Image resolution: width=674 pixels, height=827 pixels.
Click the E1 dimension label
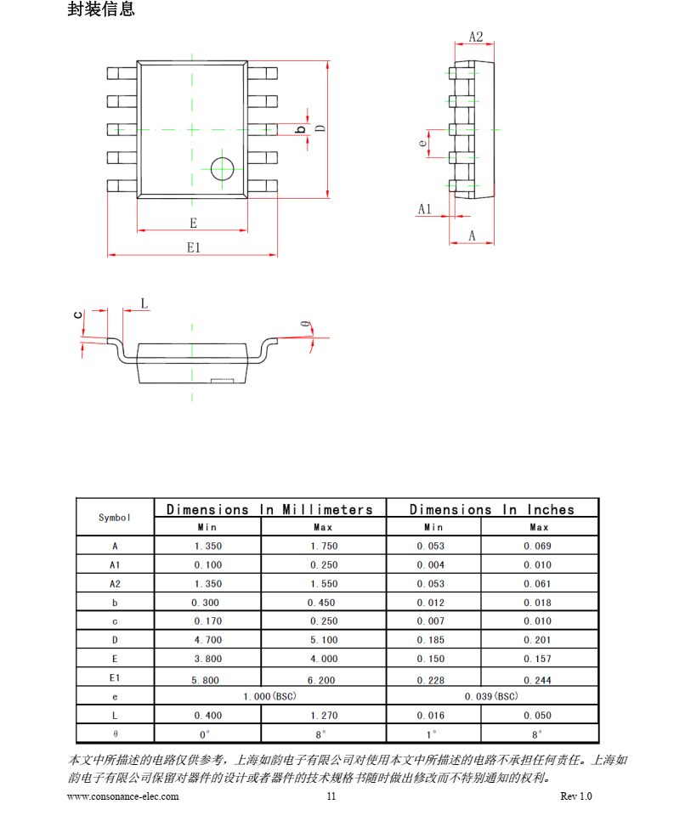[x=193, y=247]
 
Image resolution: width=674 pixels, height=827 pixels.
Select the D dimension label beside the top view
[x=320, y=128]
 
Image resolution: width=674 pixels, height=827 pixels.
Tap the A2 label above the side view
[x=475, y=37]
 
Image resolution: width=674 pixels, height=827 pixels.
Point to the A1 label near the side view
[x=424, y=209]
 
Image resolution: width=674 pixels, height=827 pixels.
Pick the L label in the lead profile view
[x=144, y=303]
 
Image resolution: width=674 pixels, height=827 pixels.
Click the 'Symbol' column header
[x=115, y=518]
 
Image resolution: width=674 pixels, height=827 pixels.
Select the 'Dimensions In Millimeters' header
[x=269, y=509]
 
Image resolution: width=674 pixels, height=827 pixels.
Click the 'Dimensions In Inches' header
[x=491, y=509]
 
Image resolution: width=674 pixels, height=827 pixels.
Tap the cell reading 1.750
[x=323, y=547]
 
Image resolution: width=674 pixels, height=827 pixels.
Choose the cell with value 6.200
[x=323, y=680]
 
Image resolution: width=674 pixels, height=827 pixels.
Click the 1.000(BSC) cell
[x=269, y=697]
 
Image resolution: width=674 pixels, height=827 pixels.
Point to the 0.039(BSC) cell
[x=491, y=697]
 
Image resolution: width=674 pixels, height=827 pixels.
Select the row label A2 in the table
[x=115, y=584]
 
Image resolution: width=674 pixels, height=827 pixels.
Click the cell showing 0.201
[x=537, y=640]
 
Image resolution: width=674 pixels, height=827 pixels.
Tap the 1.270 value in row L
[x=323, y=716]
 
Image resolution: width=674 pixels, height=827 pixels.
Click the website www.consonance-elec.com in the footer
[x=122, y=796]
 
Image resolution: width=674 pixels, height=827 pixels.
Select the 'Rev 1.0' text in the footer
[x=575, y=796]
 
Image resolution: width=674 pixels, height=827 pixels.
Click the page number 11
[x=331, y=796]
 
